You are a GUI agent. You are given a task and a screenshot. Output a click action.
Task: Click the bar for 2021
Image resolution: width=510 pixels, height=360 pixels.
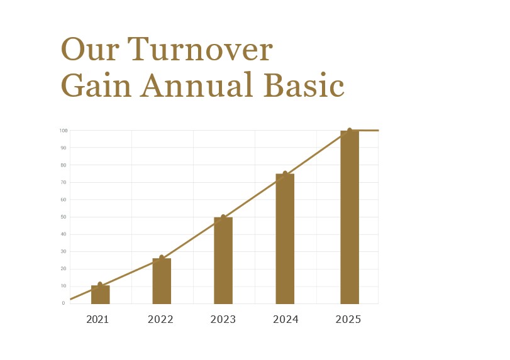click(x=100, y=295)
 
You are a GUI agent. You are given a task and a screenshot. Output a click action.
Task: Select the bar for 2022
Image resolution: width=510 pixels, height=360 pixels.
click(x=162, y=281)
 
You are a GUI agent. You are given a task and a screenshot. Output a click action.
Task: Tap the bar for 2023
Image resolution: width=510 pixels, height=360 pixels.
click(x=223, y=261)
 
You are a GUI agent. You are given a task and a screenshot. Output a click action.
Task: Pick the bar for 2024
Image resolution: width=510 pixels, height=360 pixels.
click(x=285, y=239)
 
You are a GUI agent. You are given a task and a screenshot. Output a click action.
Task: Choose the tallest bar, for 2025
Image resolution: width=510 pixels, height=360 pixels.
click(x=350, y=217)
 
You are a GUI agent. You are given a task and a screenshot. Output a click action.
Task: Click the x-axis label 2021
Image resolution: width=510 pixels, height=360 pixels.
click(x=97, y=320)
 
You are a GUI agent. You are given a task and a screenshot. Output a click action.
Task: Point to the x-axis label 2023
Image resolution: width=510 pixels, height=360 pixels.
click(x=223, y=320)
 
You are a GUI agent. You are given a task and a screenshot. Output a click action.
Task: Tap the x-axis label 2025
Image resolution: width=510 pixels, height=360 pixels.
click(x=348, y=320)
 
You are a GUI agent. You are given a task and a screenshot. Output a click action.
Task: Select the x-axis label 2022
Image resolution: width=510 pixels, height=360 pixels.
click(x=160, y=320)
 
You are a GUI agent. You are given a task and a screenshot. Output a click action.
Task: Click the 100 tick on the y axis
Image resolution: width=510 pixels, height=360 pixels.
click(x=64, y=131)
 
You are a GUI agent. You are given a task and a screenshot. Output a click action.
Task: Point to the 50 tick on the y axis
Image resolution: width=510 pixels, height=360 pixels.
click(x=64, y=217)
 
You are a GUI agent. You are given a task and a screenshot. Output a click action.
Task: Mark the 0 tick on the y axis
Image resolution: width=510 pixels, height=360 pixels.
click(x=64, y=303)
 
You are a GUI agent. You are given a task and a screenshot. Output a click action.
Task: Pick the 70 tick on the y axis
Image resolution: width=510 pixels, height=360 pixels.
click(x=64, y=183)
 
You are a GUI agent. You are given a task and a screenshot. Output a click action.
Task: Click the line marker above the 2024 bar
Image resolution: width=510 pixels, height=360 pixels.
click(x=285, y=174)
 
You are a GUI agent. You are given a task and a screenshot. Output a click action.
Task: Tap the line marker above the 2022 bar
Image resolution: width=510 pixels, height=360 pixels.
click(x=162, y=258)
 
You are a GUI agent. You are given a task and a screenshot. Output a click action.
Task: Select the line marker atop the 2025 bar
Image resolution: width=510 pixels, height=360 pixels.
click(x=350, y=131)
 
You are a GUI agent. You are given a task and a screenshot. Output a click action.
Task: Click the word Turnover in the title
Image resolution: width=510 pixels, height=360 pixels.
click(x=200, y=50)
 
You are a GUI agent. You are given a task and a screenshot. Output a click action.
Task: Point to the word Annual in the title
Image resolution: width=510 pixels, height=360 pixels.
click(x=196, y=85)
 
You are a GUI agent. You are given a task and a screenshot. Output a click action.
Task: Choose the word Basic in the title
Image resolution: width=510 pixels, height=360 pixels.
click(x=304, y=85)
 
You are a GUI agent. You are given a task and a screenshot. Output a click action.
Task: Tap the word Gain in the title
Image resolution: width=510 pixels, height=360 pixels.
click(x=96, y=85)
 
